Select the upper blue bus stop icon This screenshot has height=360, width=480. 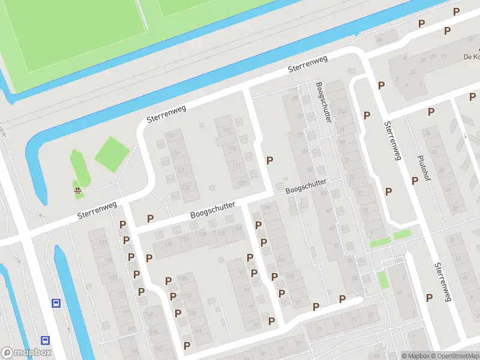coord(56,303)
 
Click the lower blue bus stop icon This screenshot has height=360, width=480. coord(45,340)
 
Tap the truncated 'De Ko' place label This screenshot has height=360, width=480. coord(470,57)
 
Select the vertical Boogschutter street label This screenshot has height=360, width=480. coord(323,103)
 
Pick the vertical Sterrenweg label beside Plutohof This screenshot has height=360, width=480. coord(392,140)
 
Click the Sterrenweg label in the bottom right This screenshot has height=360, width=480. coord(442,281)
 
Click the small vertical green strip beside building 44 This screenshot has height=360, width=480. coord(383,279)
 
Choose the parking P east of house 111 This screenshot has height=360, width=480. coord(270,160)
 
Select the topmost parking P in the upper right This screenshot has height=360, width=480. coord(457,11)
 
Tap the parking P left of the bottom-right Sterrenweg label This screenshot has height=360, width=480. coord(429,297)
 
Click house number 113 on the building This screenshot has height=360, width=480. coord(227,131)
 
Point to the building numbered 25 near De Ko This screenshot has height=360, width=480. coord(412,72)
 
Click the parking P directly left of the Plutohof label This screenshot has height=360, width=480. coord(415,180)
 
